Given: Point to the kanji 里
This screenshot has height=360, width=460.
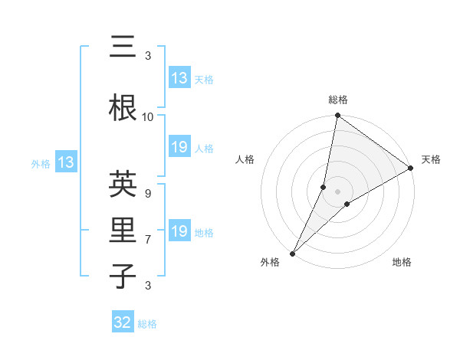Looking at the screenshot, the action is pyautogui.click(x=123, y=231).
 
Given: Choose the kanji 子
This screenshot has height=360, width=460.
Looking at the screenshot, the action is pyautogui.click(x=123, y=276).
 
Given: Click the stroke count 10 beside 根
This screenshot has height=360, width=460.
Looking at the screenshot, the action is pyautogui.click(x=148, y=117).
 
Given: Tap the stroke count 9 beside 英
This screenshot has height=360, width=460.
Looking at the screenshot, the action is pyautogui.click(x=148, y=194).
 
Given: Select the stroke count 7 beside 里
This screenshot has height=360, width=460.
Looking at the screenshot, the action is pyautogui.click(x=148, y=240).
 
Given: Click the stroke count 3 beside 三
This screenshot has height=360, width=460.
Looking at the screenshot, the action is pyautogui.click(x=148, y=56).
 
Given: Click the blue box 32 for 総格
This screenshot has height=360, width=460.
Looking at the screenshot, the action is pyautogui.click(x=123, y=322).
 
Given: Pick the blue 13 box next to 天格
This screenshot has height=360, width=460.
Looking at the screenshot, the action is pyautogui.click(x=179, y=77).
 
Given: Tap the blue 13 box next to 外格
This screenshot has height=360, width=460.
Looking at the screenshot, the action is pyautogui.click(x=65, y=162).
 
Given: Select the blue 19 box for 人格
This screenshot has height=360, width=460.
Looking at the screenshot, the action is pyautogui.click(x=179, y=147).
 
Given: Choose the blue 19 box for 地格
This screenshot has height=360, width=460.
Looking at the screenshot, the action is pyautogui.click(x=179, y=231).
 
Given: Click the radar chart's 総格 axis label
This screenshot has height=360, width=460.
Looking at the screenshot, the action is pyautogui.click(x=338, y=100).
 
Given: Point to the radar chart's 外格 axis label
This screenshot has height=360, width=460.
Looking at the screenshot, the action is pyautogui.click(x=270, y=262).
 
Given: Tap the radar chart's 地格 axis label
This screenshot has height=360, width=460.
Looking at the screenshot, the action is pyautogui.click(x=402, y=262).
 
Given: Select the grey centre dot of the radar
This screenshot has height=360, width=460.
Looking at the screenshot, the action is pyautogui.click(x=338, y=191).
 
